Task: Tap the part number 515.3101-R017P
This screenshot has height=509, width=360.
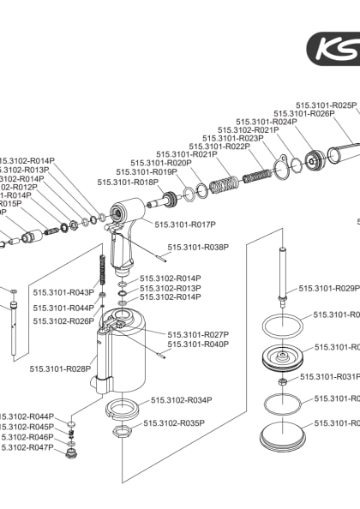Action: pos(185,225)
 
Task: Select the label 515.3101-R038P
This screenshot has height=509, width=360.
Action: pos(198,248)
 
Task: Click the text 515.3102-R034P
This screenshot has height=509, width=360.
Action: pos(181,400)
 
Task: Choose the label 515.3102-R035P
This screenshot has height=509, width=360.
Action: pos(174,423)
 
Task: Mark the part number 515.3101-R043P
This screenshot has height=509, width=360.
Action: pos(63,292)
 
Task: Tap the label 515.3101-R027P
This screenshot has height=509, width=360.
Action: pos(198,335)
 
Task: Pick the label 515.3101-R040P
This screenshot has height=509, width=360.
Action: pos(198,344)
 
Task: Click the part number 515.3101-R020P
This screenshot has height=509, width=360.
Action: pos(160,163)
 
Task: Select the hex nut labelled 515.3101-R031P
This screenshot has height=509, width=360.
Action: pos(282,378)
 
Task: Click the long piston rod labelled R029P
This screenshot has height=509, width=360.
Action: pos(282,274)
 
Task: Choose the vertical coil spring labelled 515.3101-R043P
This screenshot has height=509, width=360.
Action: pos(103,272)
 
